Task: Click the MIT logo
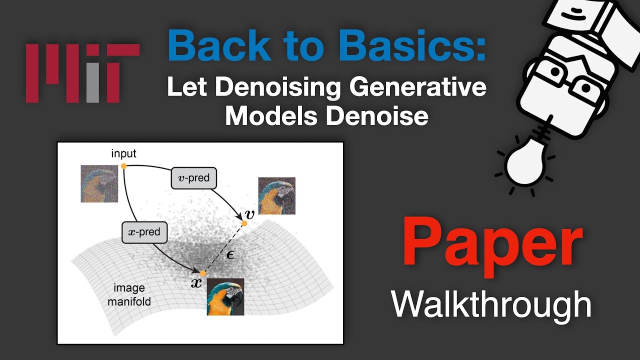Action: pyautogui.click(x=82, y=73)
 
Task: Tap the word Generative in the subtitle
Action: pyautogui.click(x=418, y=88)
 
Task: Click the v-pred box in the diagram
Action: pyautogui.click(x=194, y=177)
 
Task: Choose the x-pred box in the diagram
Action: pyautogui.click(x=144, y=232)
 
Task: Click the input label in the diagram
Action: pyautogui.click(x=123, y=153)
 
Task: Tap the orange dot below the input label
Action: pyautogui.click(x=123, y=165)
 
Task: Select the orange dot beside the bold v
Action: pyautogui.click(x=244, y=223)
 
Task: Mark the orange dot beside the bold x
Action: pyautogui.click(x=203, y=274)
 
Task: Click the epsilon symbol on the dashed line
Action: pyautogui.click(x=230, y=254)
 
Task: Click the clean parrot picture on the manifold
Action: pyautogui.click(x=225, y=296)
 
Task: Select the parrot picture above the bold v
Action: pyautogui.click(x=276, y=195)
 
